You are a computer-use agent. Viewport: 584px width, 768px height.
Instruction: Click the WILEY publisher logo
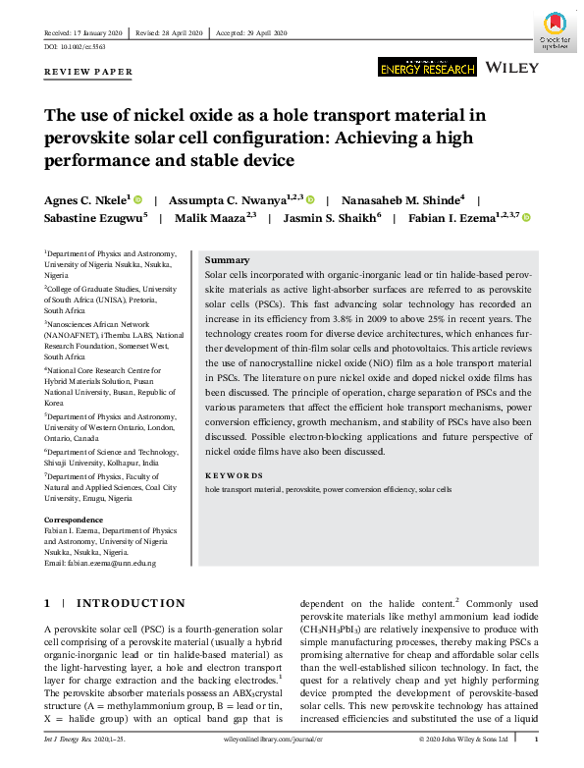(x=513, y=66)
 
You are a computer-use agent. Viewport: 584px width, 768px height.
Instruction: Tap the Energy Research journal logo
(x=427, y=66)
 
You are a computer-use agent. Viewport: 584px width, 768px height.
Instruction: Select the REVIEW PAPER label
(x=88, y=73)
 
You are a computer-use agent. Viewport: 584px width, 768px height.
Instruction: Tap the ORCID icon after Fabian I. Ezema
(x=526, y=218)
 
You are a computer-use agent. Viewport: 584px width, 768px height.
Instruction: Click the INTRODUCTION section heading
(x=130, y=603)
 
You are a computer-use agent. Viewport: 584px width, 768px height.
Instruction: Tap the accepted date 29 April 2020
(x=270, y=32)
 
